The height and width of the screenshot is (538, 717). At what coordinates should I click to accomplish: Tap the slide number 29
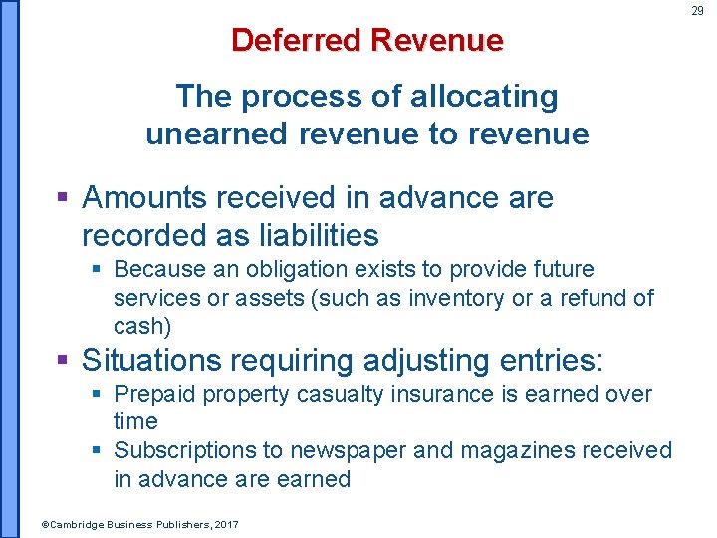coord(697,10)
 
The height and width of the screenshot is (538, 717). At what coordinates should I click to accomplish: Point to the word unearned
coord(210,134)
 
